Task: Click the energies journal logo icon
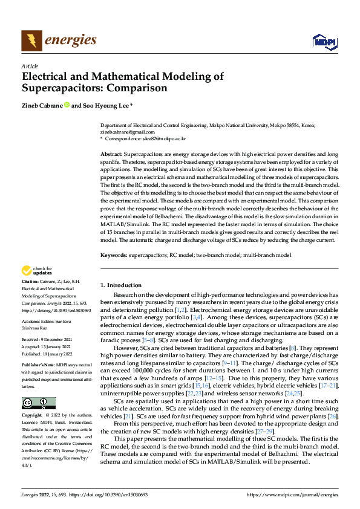click(31, 41)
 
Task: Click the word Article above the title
click(30, 66)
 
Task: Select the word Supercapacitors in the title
click(58, 88)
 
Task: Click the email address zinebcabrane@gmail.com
click(128, 132)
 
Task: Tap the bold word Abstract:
click(111, 155)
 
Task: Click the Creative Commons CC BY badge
click(38, 403)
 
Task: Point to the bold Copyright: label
click(33, 416)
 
